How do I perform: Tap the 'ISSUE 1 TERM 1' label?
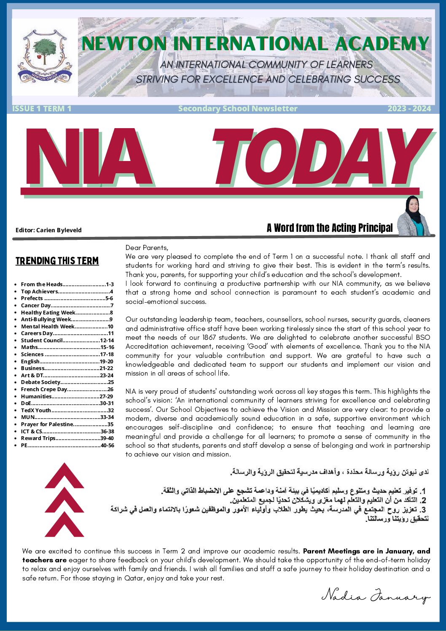(42, 109)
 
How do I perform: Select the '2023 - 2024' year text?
(409, 109)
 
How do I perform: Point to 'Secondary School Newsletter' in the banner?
(238, 109)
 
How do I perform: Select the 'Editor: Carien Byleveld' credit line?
(48, 230)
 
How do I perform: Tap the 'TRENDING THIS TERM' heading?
(57, 261)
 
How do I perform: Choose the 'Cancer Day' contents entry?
(36, 306)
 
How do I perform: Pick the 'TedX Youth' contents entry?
(36, 410)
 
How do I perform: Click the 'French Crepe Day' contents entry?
(44, 389)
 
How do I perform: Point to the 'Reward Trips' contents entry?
(38, 438)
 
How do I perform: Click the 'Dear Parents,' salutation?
(147, 248)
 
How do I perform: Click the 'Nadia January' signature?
(375, 596)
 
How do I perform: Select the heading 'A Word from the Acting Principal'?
(329, 228)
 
